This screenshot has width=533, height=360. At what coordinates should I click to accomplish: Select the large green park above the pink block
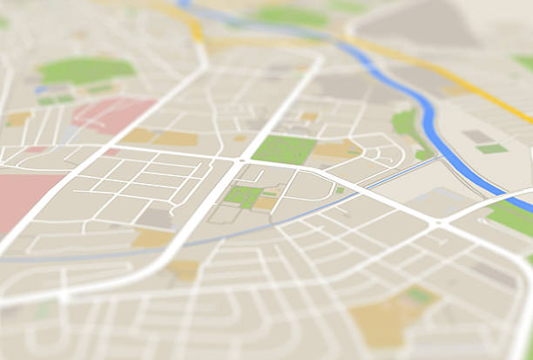tap(86, 70)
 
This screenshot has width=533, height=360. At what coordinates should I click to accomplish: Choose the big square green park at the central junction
tap(283, 149)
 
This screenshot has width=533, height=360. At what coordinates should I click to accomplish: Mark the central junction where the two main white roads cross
tap(241, 162)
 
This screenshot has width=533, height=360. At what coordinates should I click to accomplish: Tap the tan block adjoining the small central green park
tap(266, 203)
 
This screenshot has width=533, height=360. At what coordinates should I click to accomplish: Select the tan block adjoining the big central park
tap(336, 149)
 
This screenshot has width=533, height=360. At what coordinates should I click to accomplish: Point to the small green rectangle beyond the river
tap(492, 149)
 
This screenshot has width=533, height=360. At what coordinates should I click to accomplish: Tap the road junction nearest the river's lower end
tap(435, 223)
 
